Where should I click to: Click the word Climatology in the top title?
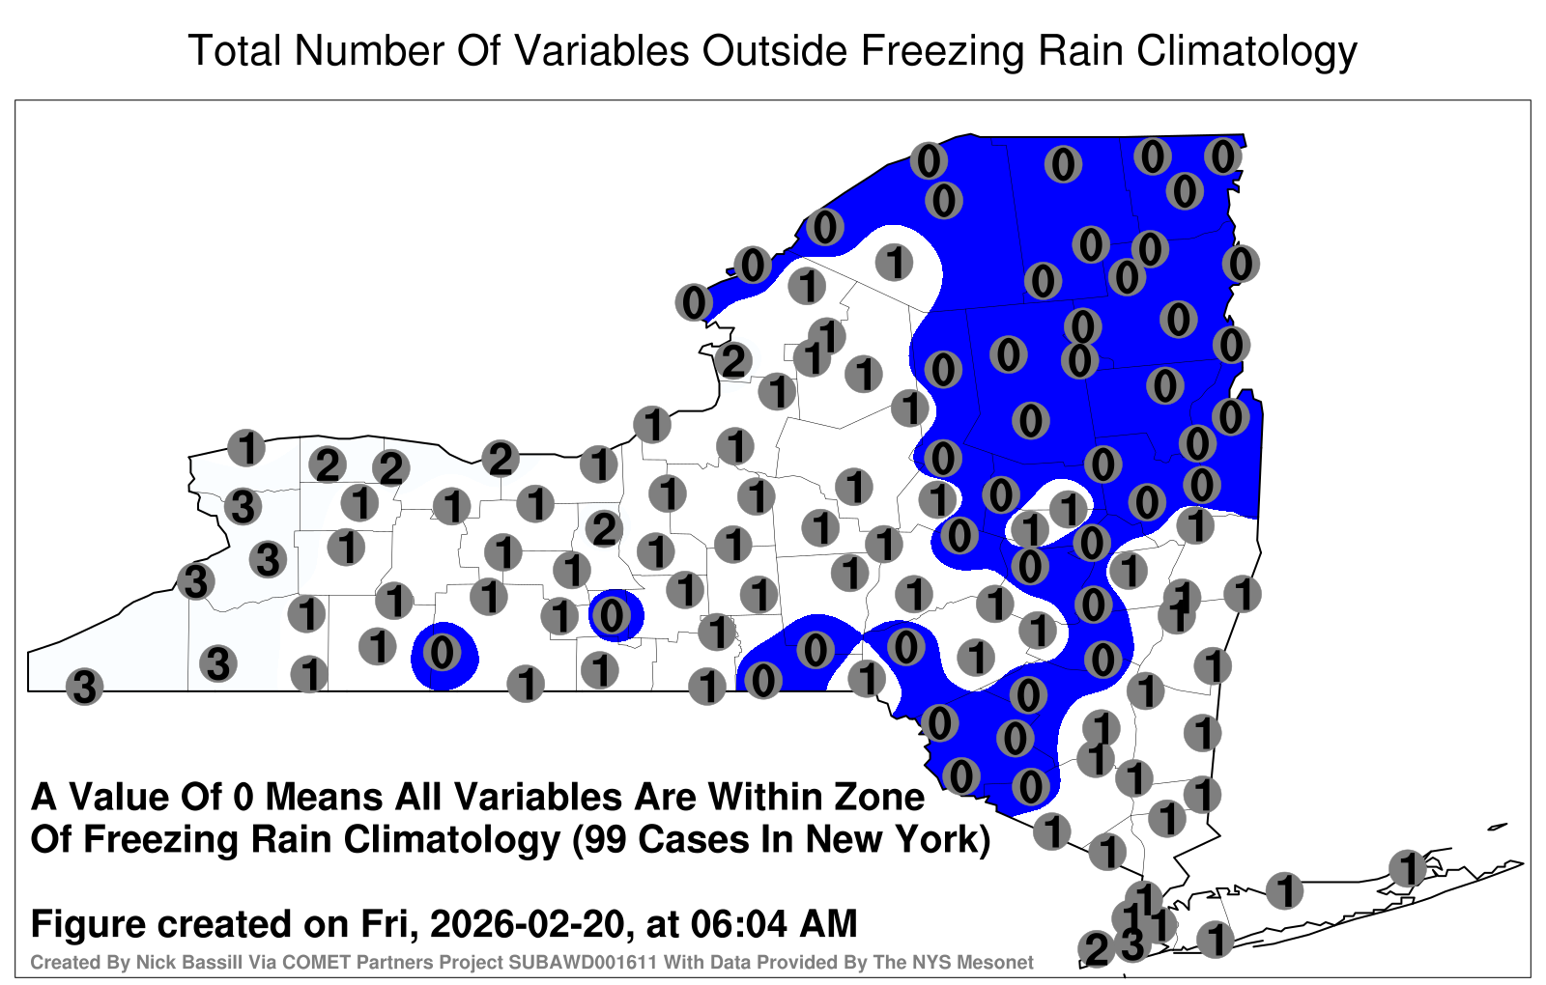point(1246,52)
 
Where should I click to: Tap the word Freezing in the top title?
point(938,52)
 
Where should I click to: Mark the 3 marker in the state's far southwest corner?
point(84,687)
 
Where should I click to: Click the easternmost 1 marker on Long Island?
point(1408,868)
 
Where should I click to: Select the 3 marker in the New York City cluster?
point(1131,944)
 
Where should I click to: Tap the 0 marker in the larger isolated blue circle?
point(442,653)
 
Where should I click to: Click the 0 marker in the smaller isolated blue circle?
point(612,615)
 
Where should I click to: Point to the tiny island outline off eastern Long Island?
point(1497,827)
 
